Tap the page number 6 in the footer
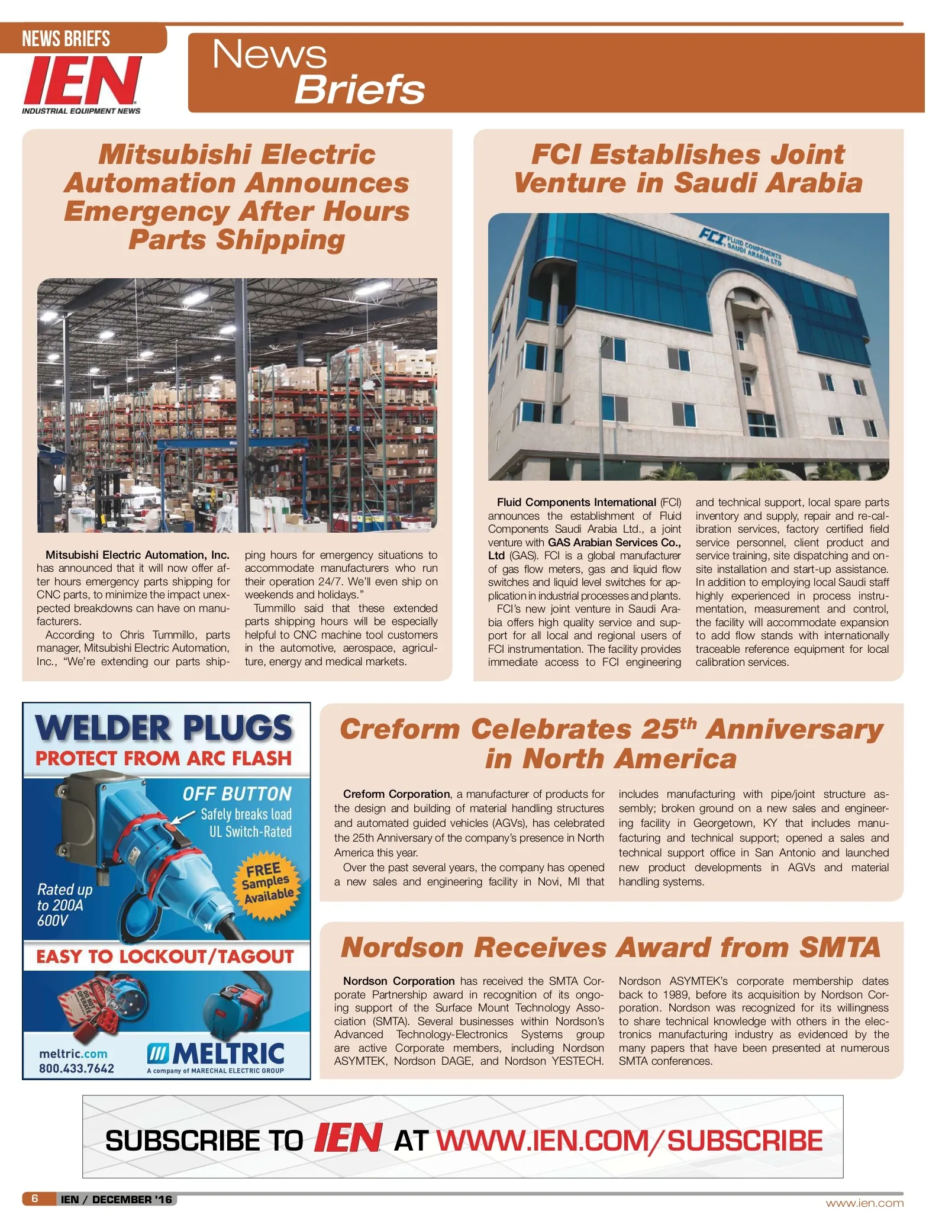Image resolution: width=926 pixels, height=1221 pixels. pos(35,1199)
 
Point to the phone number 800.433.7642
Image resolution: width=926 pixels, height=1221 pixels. pos(76,1068)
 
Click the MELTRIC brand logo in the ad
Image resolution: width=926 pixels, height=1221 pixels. pos(217,1054)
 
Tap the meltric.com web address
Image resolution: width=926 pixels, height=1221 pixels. pos(73,1054)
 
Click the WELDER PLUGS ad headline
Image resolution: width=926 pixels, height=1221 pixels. pos(164,728)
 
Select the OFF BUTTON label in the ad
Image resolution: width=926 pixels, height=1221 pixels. pos(237,794)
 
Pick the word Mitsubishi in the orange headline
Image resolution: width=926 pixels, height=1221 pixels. pos(175,154)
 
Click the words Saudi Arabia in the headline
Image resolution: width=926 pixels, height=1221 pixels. pos(768,182)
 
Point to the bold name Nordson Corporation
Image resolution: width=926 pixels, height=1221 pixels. pos(399,981)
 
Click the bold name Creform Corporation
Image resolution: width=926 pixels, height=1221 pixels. pos(396,794)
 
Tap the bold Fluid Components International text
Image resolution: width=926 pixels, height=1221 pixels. pos(576,502)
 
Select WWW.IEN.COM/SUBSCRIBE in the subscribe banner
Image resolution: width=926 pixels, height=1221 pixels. pos(630,1141)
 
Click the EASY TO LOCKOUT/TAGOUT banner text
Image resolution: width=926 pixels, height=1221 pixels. pos(165,957)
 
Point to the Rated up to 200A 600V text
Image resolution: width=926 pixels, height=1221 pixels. pos(64,904)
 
